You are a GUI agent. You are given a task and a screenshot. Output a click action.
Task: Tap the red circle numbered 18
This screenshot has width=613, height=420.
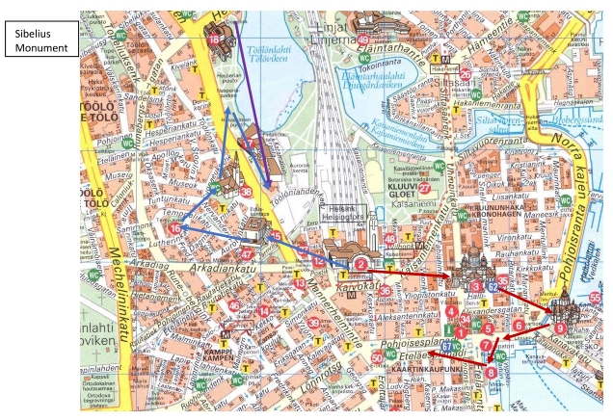[x=214, y=39]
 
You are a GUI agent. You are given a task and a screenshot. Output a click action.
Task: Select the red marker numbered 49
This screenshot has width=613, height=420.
[x=362, y=40]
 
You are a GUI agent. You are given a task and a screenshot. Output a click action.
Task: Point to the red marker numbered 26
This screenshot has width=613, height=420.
[x=466, y=74]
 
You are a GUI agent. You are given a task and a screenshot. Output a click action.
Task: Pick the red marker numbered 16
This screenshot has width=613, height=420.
[x=174, y=228]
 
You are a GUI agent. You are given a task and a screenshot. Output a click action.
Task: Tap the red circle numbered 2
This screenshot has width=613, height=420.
[x=360, y=263]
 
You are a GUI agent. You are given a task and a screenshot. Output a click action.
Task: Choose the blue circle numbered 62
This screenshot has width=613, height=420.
[x=492, y=286]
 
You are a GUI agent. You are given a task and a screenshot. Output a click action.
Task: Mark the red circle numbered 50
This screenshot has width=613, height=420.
[x=377, y=358]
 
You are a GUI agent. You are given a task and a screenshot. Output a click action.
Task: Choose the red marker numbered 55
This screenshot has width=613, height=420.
[x=595, y=299]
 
